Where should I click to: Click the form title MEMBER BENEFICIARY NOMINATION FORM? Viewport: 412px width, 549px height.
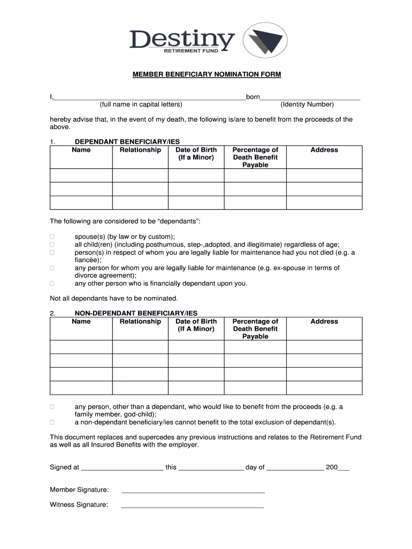click(207, 75)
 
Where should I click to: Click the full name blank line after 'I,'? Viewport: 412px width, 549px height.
click(150, 98)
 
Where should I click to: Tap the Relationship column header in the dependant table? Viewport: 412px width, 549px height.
click(140, 150)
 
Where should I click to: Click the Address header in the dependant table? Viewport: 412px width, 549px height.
click(324, 150)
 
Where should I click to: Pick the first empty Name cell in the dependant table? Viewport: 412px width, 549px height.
click(81, 176)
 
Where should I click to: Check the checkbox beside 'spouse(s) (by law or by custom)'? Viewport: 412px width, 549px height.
click(52, 236)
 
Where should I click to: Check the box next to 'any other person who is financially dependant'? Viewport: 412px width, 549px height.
click(52, 283)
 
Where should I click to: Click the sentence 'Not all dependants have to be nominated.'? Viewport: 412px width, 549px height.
click(113, 298)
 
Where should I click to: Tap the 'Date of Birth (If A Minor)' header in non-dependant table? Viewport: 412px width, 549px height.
click(196, 325)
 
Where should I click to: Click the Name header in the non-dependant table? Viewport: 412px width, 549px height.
click(81, 322)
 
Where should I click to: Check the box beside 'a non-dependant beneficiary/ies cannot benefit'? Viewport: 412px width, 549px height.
click(52, 422)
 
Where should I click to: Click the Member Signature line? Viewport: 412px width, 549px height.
click(193, 490)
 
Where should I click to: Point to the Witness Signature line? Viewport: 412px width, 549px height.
click(193, 505)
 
